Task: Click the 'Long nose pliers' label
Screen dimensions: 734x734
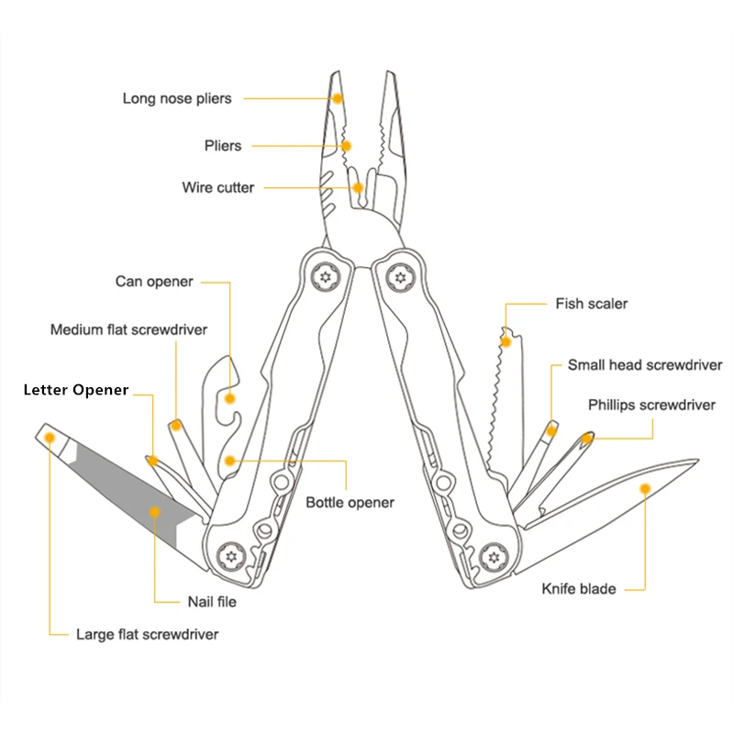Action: pos(177,98)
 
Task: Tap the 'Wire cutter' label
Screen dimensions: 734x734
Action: pos(217,187)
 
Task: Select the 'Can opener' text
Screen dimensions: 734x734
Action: pos(154,282)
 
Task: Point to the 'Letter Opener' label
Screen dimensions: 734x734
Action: pos(76,390)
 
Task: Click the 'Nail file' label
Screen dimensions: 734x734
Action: pos(212,602)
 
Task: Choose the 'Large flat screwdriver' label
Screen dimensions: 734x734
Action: pos(147,634)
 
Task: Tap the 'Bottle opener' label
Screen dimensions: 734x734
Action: pos(350,502)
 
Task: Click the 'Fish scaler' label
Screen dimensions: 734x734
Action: pos(592,303)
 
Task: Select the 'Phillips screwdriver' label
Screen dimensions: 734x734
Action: pos(651,405)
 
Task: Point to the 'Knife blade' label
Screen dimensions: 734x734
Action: pos(578,588)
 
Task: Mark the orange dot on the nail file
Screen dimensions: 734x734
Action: pos(155,511)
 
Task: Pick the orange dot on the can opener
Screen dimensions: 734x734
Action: pos(229,398)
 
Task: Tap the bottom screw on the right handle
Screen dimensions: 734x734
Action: pos(496,556)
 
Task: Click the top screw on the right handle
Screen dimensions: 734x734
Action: pos(400,275)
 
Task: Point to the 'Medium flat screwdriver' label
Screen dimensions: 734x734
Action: pos(128,329)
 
